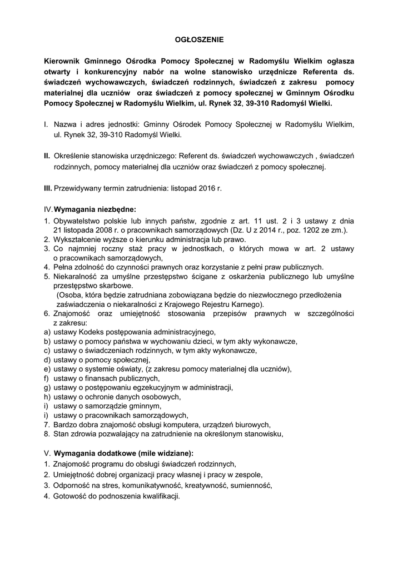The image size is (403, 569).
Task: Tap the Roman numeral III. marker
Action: click(48, 188)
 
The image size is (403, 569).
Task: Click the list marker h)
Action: click(47, 397)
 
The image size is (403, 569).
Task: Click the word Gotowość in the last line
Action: click(71, 496)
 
